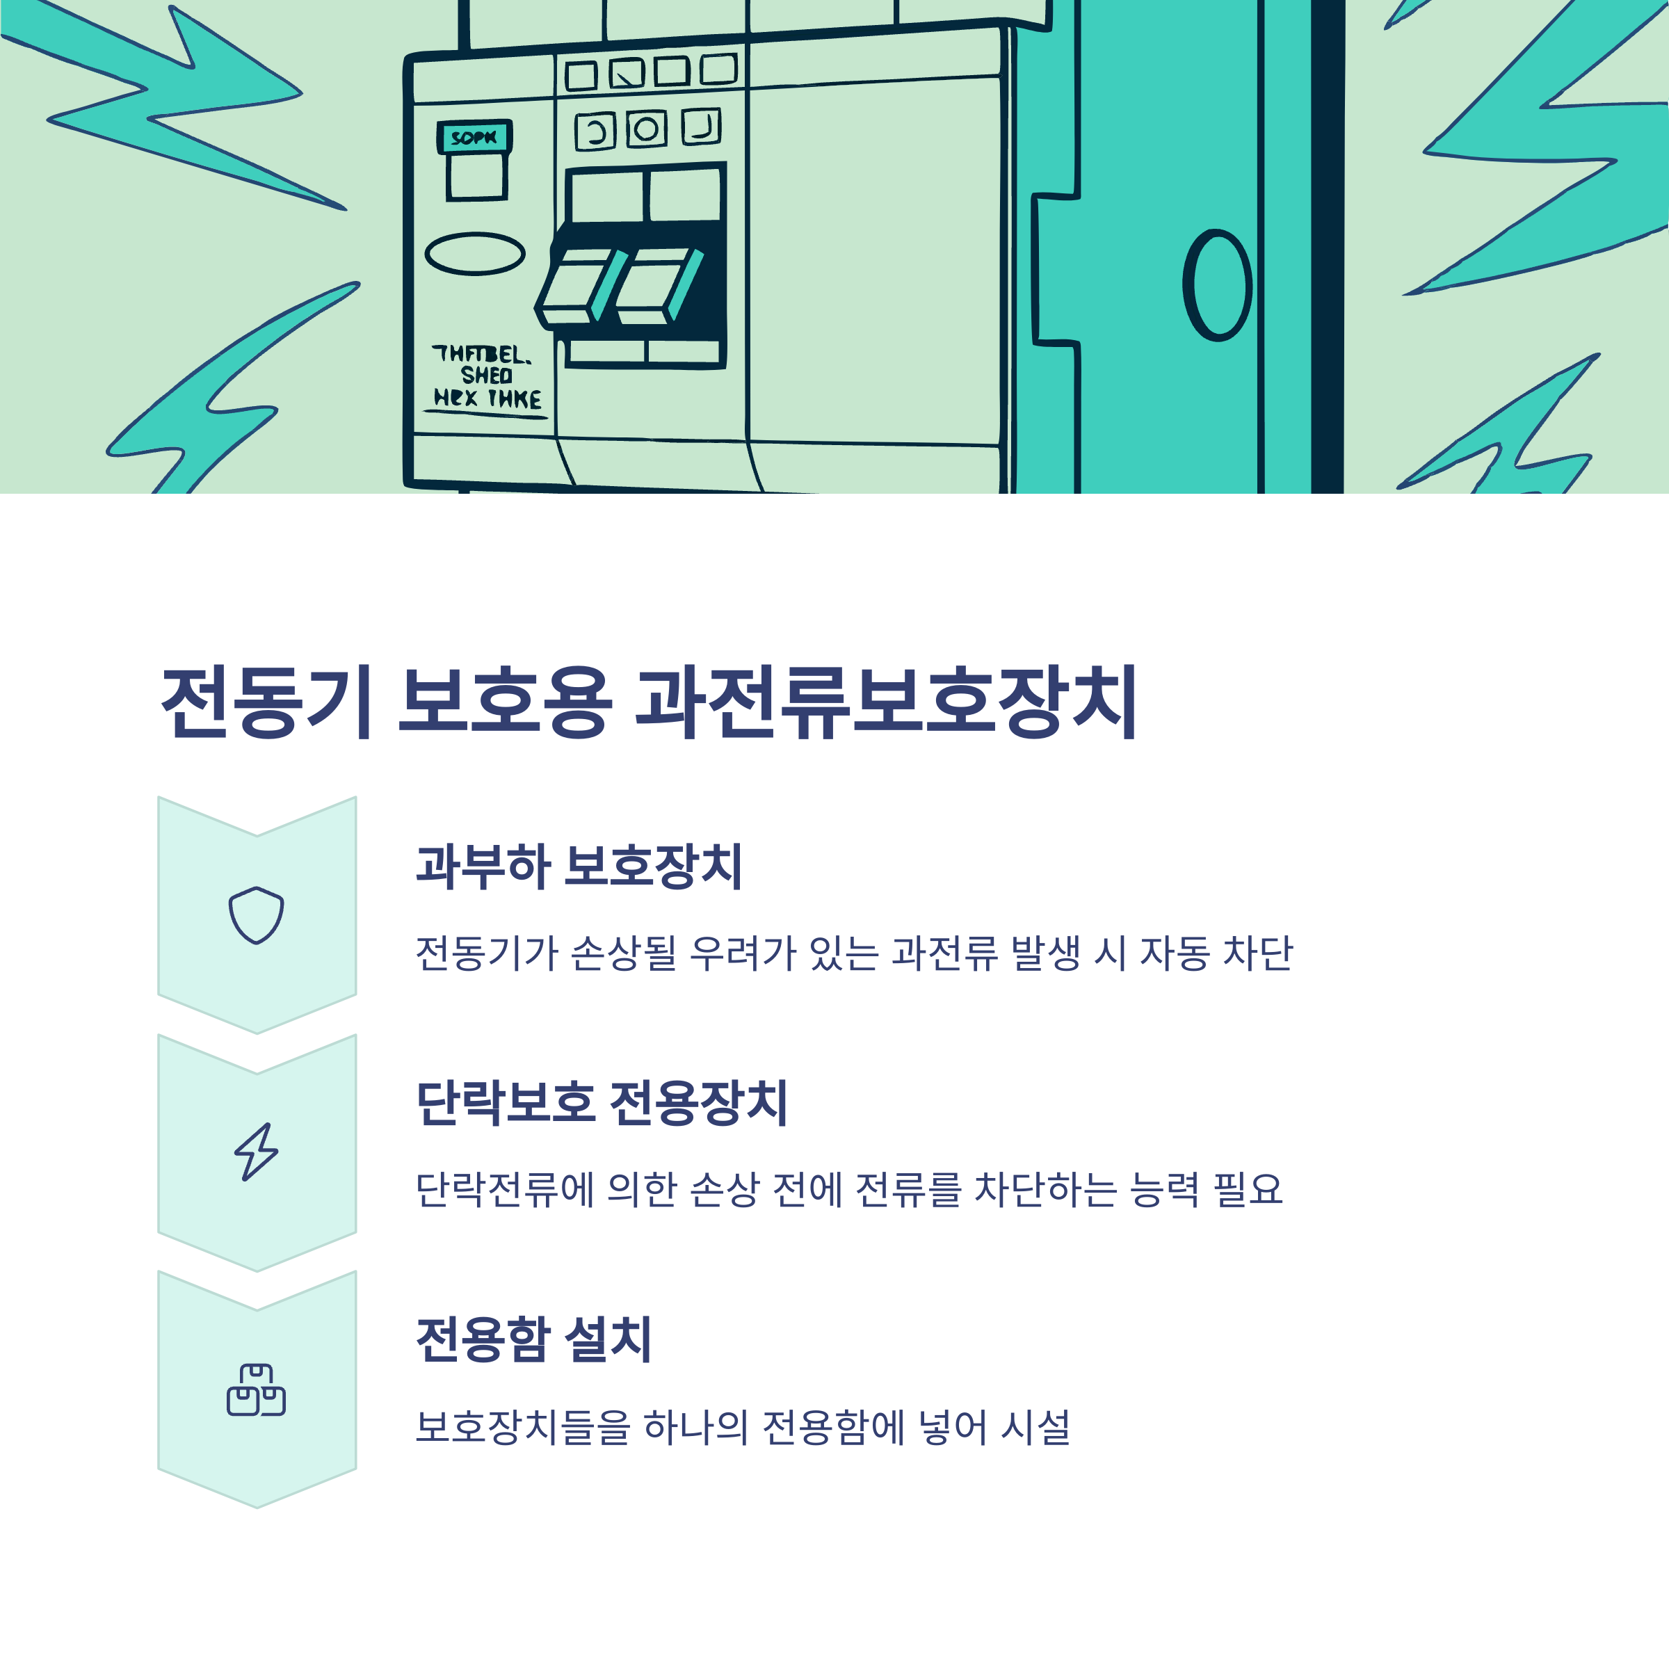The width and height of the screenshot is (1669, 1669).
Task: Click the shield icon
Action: pyautogui.click(x=256, y=915)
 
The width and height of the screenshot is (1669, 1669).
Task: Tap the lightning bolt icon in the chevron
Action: pyautogui.click(x=256, y=1152)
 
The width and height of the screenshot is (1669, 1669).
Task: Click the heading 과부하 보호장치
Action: pyautogui.click(x=579, y=866)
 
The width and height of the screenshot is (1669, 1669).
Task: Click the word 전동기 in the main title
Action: pyautogui.click(x=267, y=702)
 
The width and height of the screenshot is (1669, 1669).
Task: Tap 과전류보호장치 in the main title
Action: pyautogui.click(x=885, y=702)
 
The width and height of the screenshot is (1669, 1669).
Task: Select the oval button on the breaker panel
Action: pyautogui.click(x=474, y=253)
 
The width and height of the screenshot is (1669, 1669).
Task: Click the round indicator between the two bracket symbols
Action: pyautogui.click(x=646, y=129)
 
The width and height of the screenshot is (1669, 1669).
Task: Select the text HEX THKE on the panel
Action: pyautogui.click(x=487, y=398)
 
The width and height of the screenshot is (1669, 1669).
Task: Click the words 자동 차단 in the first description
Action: pyautogui.click(x=1216, y=953)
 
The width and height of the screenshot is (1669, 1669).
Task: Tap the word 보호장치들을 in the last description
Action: pyautogui.click(x=523, y=1427)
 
